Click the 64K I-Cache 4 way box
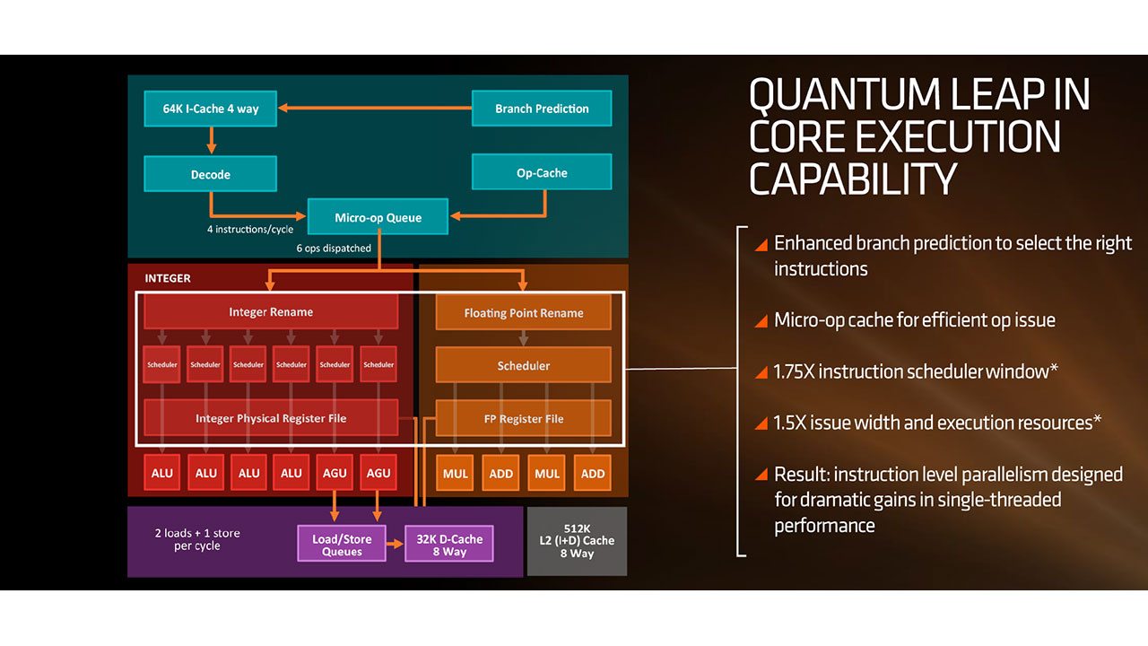coord(211,109)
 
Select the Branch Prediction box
coord(542,109)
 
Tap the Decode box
coord(211,174)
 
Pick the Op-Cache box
coord(542,172)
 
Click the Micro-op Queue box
coord(378,217)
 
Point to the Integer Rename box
coord(271,311)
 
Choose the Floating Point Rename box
coord(523,312)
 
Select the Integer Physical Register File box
coord(271,418)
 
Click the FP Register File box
coord(523,418)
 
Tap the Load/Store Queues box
coord(342,544)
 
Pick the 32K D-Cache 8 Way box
coord(449,544)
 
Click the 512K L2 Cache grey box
coord(577,541)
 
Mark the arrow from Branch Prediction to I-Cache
coord(375,108)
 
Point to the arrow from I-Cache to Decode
coord(211,140)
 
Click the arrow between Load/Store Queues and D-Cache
coord(396,544)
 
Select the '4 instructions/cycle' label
coord(250,229)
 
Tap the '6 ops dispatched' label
coord(334,249)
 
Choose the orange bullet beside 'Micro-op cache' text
coord(761,321)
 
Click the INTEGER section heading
coord(168,278)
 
